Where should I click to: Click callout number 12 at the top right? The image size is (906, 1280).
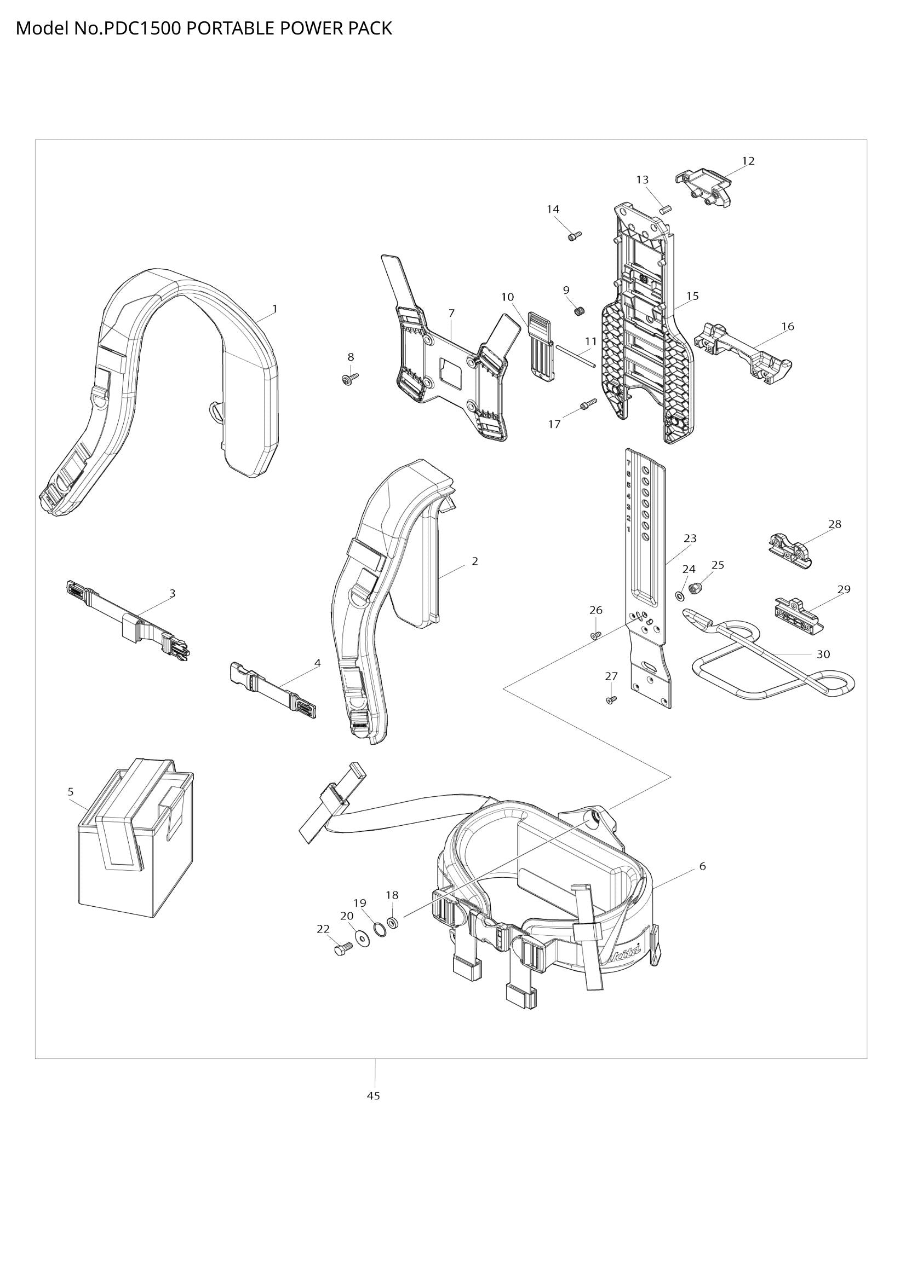pyautogui.click(x=748, y=161)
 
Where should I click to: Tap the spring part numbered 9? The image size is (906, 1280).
pyautogui.click(x=580, y=310)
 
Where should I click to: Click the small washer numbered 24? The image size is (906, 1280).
pyautogui.click(x=681, y=597)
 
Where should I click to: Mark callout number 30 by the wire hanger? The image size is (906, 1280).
pyautogui.click(x=823, y=655)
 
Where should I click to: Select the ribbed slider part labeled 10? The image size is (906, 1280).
pyautogui.click(x=541, y=347)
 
